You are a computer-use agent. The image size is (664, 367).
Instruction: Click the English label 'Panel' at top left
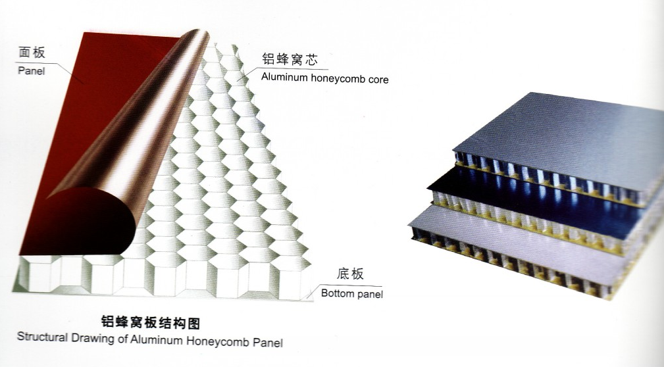tap(32, 70)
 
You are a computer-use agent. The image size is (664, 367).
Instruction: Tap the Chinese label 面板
tap(32, 53)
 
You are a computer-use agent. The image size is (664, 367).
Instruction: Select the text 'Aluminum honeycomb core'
tap(325, 78)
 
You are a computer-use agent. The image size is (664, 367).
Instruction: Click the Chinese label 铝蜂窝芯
tap(290, 59)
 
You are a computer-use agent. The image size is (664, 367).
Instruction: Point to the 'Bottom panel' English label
tap(352, 293)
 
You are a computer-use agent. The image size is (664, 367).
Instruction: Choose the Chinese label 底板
tap(350, 274)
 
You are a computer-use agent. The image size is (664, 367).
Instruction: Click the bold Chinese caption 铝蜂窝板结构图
tap(150, 323)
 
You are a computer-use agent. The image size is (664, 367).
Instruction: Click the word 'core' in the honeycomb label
tap(378, 80)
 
